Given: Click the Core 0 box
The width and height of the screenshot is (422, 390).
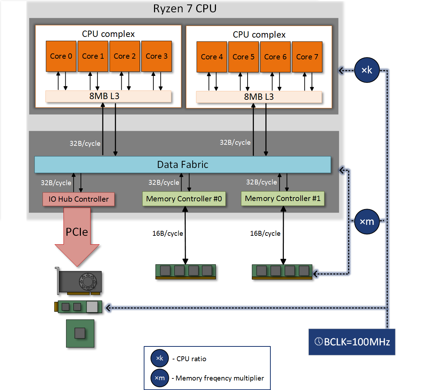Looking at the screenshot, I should coord(61,56).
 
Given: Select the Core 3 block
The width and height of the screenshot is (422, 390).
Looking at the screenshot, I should coord(156,56).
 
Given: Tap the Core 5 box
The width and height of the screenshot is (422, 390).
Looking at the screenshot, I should coord(243,57).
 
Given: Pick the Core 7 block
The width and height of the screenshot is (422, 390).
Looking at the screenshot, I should coord(307,57).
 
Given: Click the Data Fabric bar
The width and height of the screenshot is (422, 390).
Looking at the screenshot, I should coord(183,164).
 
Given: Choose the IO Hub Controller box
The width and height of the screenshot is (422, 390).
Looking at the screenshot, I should coord(79,199).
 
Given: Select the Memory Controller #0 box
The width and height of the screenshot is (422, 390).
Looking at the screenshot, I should coord(184,199).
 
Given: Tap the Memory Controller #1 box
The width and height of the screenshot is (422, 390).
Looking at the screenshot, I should coord(283,199).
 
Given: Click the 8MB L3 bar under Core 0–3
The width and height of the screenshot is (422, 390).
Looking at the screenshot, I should coord(108,96).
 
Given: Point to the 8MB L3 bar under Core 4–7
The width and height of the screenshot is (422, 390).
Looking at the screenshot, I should coord(259,97).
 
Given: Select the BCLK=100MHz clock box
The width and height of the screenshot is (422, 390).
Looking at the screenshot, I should coord(352,342).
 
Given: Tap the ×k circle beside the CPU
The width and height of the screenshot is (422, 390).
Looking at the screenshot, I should coord(367,70).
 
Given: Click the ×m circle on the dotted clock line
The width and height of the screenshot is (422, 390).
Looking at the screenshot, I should coord(367,222).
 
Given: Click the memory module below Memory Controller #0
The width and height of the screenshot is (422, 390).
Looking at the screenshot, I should coord(186,272).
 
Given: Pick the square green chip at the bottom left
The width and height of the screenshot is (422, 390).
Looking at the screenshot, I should coord(80,333).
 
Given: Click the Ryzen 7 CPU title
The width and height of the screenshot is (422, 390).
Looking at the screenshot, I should coord(185,9).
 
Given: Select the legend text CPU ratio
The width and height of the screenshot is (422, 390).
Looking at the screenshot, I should coord(191,359).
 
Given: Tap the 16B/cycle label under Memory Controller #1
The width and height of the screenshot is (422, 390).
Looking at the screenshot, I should coord(265,233).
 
